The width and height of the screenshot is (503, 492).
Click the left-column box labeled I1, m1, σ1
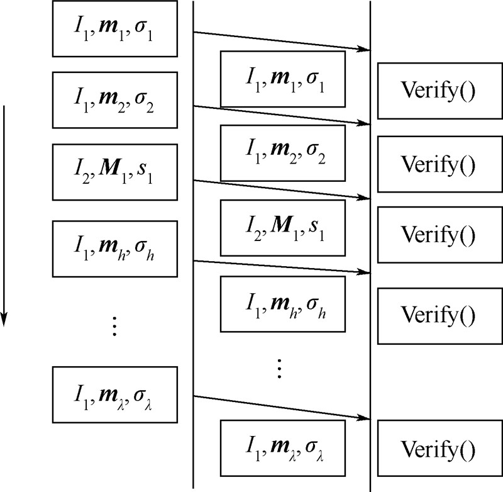(x=114, y=28)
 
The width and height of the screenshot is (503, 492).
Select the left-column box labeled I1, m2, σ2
(x=114, y=99)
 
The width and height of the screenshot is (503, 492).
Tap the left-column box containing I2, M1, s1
(x=114, y=172)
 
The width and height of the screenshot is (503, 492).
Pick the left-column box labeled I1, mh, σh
(x=114, y=249)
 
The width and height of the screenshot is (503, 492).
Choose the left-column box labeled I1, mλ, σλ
(x=114, y=394)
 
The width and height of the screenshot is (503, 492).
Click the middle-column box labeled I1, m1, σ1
(x=282, y=79)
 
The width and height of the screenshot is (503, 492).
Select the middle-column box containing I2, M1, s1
(x=282, y=228)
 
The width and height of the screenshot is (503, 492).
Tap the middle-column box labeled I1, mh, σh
(x=282, y=304)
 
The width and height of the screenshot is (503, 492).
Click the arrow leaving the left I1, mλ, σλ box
(x=280, y=407)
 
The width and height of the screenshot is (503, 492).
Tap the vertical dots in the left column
(x=114, y=326)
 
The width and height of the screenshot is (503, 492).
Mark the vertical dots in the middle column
(x=280, y=367)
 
